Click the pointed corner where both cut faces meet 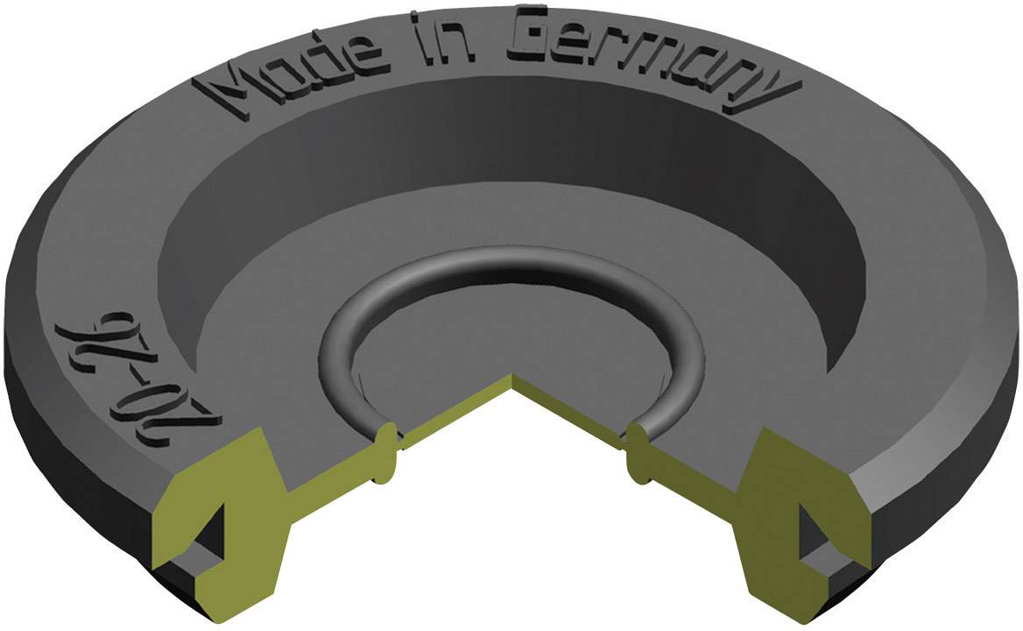512,379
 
